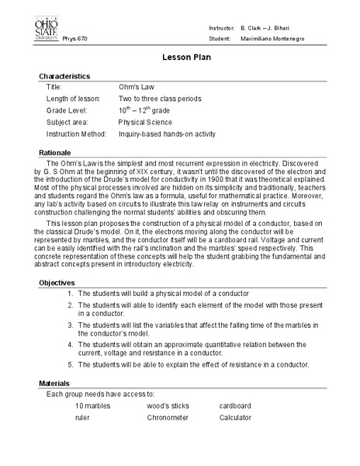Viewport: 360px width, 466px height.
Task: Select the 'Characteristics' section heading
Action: click(x=64, y=76)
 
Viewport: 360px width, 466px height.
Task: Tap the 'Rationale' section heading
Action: click(x=55, y=152)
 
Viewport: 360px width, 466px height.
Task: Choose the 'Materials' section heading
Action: click(x=55, y=384)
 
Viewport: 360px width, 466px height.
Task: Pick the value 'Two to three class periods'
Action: click(x=160, y=99)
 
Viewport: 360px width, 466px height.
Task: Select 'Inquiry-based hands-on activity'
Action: click(x=166, y=134)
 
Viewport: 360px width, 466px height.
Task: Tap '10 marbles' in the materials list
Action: click(x=92, y=405)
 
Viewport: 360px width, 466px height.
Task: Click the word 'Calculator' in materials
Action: click(x=235, y=417)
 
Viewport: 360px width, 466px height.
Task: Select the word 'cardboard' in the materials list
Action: click(x=235, y=405)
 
